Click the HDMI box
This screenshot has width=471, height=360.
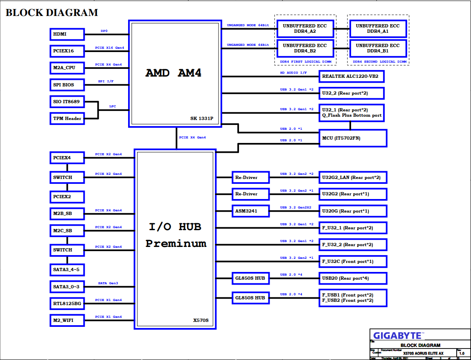tap(67, 34)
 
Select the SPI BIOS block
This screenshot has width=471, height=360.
tap(67, 85)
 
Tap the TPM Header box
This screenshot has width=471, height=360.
tap(67, 118)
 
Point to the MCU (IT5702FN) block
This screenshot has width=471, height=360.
tap(353, 138)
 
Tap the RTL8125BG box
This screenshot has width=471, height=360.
tap(67, 303)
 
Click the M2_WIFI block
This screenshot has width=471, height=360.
tap(67, 320)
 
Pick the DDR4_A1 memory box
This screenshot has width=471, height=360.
tap(377, 29)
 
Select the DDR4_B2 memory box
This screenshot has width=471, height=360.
tap(305, 48)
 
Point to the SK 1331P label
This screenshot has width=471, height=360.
tap(202, 118)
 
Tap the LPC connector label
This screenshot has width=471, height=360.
tap(112, 106)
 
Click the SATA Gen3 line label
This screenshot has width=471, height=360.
tap(108, 283)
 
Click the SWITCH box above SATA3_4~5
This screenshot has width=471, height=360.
tap(67, 250)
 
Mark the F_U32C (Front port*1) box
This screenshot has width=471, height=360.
tap(353, 261)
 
